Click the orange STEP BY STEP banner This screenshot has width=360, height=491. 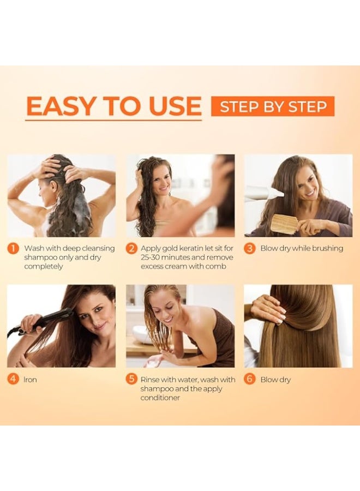pos(273,106)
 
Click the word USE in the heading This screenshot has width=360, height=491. pos(173,106)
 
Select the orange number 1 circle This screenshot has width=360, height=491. pos(13,249)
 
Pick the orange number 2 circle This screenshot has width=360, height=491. pos(131,249)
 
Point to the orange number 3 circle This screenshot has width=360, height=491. pos(249,249)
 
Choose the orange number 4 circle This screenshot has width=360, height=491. pos(13,380)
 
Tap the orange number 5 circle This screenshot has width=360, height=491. pos(131,380)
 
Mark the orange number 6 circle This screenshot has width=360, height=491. pos(249,380)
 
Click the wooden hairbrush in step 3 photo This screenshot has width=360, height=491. pos(284,224)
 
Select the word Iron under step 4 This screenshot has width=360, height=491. pos(31,380)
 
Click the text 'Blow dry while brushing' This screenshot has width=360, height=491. pos(302,249)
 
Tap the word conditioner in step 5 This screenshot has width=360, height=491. pos(160,398)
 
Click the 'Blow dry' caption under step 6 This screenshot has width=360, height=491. pos(275,380)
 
